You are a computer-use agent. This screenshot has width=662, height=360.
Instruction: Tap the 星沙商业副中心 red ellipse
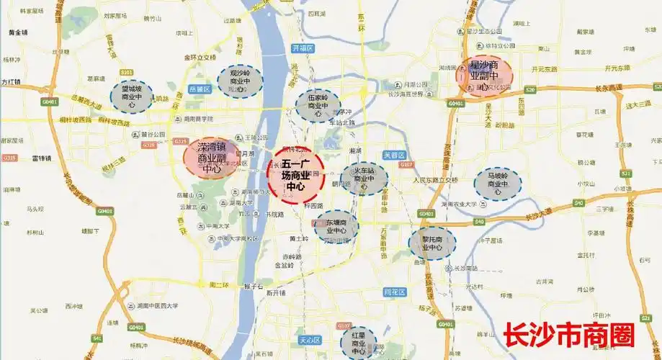click(484, 75)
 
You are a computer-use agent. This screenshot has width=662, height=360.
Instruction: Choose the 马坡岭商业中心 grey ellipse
click(498, 184)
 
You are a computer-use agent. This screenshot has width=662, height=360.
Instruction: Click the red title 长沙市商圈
click(569, 336)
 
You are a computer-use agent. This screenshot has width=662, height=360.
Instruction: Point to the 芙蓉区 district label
click(395, 156)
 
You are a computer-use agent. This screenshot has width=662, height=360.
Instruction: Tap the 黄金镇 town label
click(18, 33)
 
